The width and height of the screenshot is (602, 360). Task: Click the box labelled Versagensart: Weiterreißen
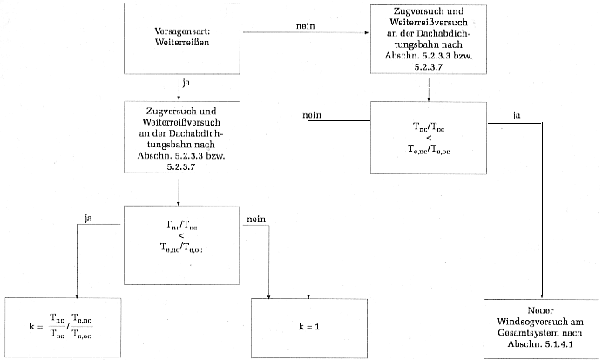click(x=182, y=40)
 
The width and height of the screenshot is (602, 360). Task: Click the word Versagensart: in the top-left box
click(x=182, y=31)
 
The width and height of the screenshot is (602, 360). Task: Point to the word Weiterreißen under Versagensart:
click(x=182, y=44)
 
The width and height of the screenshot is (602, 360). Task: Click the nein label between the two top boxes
click(x=305, y=27)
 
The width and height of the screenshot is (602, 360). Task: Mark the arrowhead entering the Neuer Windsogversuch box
click(x=542, y=295)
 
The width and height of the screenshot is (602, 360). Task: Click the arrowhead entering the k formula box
click(x=76, y=295)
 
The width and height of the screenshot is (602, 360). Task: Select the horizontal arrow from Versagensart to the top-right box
click(x=305, y=35)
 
